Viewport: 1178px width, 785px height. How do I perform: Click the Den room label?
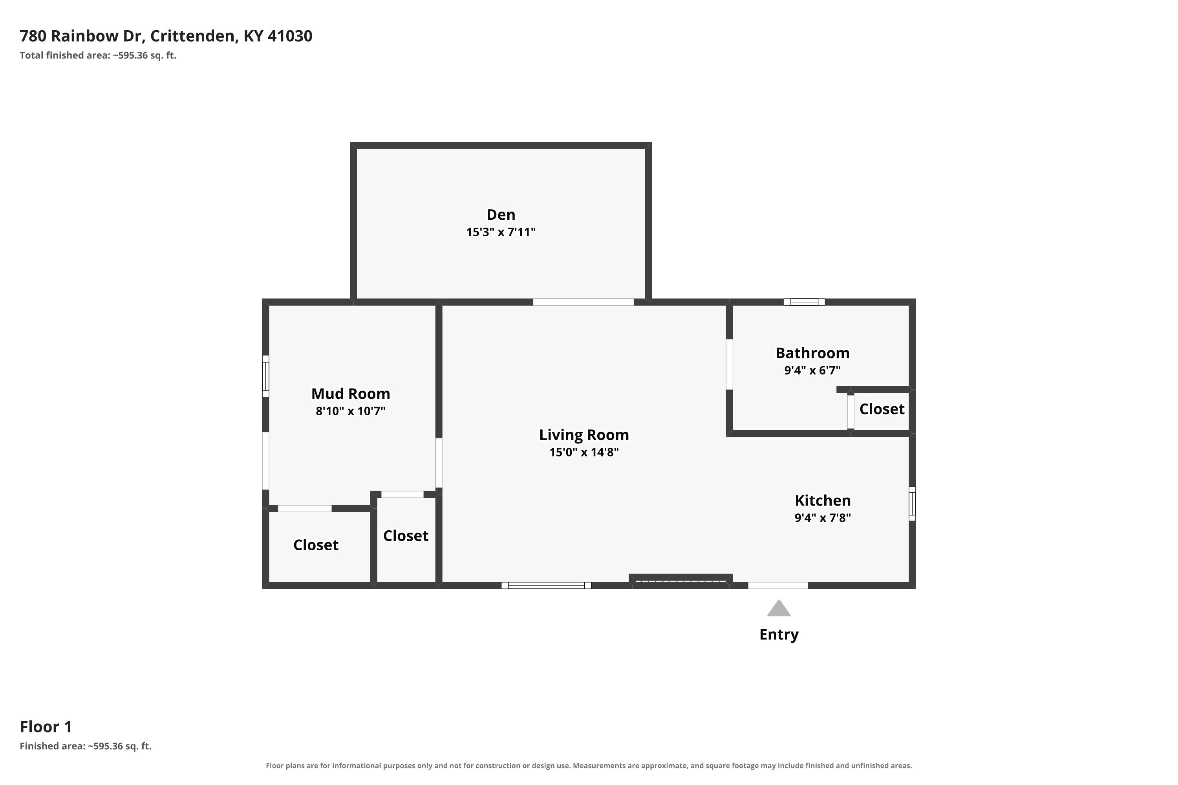[x=501, y=215]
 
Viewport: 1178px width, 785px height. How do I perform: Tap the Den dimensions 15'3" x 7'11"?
[x=501, y=232]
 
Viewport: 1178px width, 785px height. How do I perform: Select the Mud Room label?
[x=351, y=394]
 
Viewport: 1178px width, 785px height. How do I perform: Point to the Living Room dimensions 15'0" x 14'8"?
[x=584, y=452]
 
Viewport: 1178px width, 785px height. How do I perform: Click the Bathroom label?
[x=812, y=353]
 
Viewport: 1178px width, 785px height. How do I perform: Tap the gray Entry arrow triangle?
[x=779, y=608]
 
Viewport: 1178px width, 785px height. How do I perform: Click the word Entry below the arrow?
[x=779, y=635]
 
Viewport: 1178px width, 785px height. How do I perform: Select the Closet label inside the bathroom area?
[x=882, y=409]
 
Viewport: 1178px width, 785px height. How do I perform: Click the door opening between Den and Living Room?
[x=584, y=302]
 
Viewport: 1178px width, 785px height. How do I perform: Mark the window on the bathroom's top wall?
[x=804, y=302]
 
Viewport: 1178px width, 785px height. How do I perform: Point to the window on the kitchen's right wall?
[x=912, y=504]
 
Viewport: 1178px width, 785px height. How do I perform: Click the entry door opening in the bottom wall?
[x=778, y=585]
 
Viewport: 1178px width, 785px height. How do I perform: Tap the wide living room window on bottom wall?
[x=547, y=585]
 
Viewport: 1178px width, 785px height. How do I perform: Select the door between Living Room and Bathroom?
[x=729, y=365]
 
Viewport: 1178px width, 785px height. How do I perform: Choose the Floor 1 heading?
[x=46, y=727]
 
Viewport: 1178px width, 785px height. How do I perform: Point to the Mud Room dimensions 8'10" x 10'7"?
[x=351, y=411]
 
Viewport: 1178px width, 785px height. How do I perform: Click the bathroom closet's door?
[x=851, y=411]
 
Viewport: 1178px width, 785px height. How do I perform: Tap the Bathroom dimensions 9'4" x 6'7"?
[x=812, y=371]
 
